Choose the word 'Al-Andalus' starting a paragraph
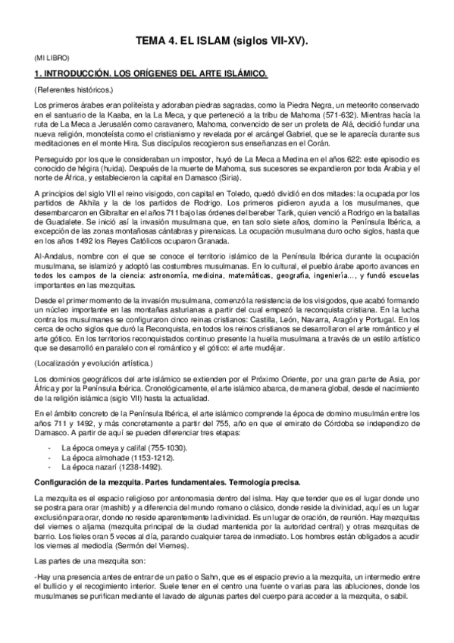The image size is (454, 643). (51, 256)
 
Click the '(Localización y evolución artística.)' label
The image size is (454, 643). (89, 363)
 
